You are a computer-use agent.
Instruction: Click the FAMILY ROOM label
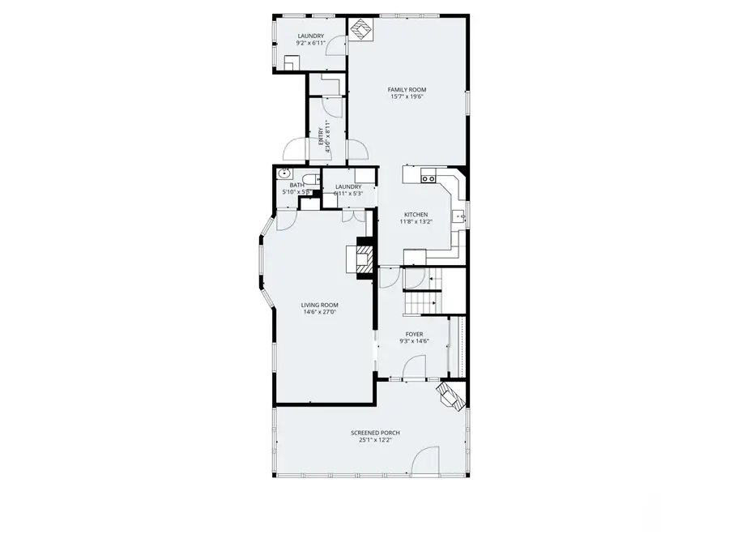pos(407,89)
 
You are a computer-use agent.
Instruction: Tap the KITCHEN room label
pos(416,215)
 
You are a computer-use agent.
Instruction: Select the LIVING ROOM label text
pos(319,305)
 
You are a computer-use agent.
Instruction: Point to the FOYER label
pos(414,334)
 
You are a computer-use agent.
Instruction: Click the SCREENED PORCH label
pos(375,433)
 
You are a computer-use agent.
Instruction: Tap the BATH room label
pos(297,186)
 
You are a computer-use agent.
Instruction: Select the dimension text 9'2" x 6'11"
pos(310,43)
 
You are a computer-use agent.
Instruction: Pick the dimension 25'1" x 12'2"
pos(375,440)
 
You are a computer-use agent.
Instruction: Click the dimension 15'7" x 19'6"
pos(407,96)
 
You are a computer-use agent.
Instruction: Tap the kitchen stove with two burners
pos(428,177)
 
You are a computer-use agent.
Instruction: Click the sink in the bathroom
pos(285,173)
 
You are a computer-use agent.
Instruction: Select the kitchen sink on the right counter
pos(458,216)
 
